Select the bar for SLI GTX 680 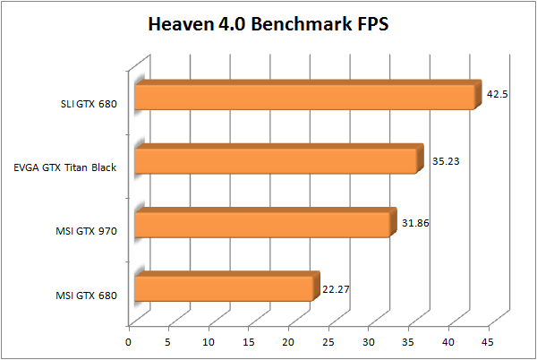304,97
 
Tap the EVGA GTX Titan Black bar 276,160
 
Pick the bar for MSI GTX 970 262,224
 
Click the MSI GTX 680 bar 224,287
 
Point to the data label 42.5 497,94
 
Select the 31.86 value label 420,223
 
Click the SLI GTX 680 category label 83,103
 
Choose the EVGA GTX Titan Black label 65,167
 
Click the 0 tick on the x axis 129,341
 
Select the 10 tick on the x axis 209,341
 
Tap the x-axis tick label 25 328,341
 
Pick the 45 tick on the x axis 487,341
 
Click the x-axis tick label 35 407,341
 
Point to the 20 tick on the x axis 288,341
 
